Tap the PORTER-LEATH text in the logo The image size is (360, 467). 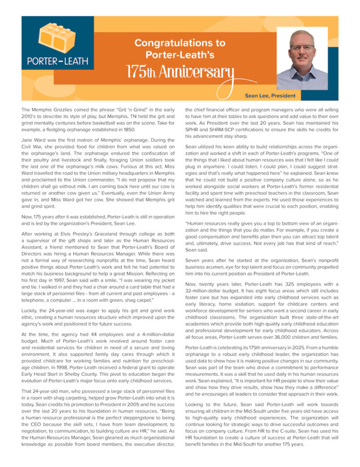[57, 60]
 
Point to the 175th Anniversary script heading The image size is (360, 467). [180, 72]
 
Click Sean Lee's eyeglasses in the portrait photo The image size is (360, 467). [302, 47]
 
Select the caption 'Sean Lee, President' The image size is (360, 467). [270, 96]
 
